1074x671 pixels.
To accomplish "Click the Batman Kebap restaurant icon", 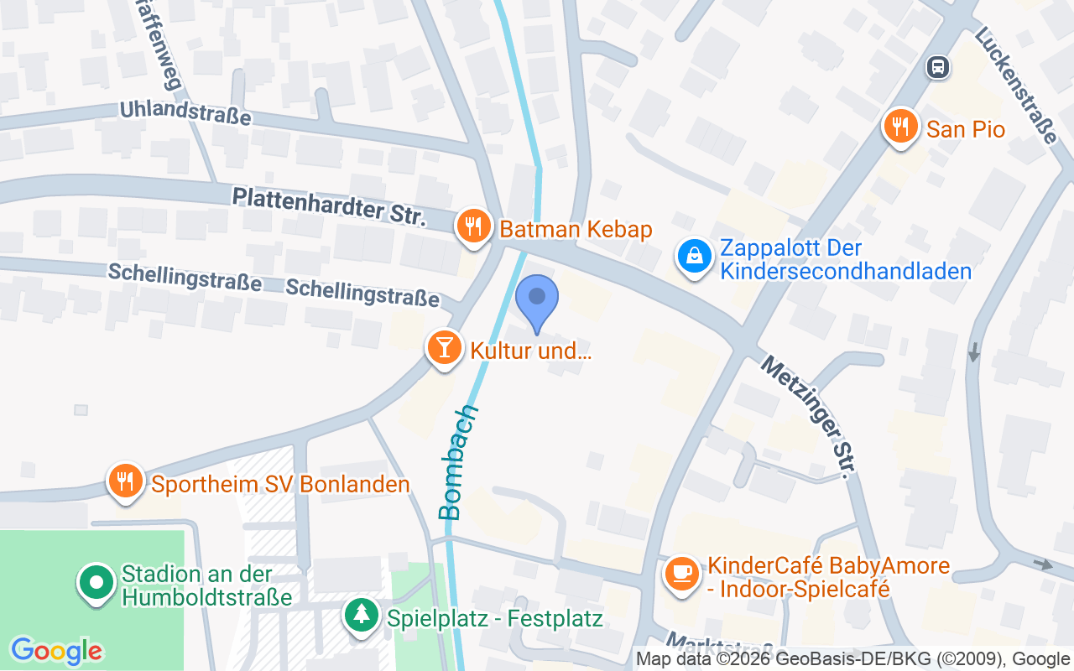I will [x=474, y=226].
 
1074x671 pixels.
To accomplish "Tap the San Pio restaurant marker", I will [x=901, y=127].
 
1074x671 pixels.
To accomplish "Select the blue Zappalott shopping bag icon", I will [x=695, y=257].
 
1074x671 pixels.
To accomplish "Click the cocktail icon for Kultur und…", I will [x=445, y=346].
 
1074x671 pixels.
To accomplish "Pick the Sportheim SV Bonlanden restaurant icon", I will [x=126, y=481].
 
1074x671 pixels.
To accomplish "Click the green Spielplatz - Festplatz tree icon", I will [x=362, y=616].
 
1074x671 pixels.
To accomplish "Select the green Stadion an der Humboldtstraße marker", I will [x=96, y=582].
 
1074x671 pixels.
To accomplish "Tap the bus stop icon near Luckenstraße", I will [x=937, y=66].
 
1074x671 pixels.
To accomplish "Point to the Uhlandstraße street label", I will [x=185, y=112].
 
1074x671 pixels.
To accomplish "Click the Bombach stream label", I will [x=458, y=462].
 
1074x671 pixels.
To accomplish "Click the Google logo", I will [x=56, y=651].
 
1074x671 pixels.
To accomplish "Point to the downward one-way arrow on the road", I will [x=973, y=352].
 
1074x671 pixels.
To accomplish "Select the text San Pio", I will [x=966, y=129].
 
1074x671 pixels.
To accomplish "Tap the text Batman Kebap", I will [x=576, y=229].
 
